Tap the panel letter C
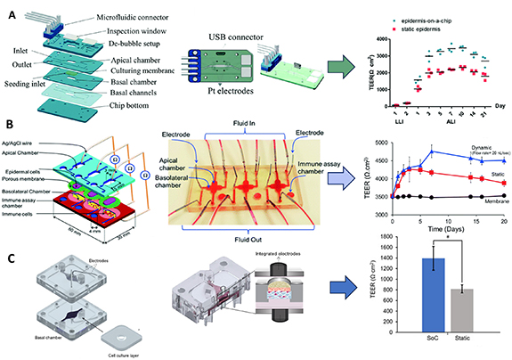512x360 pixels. [7, 259]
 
